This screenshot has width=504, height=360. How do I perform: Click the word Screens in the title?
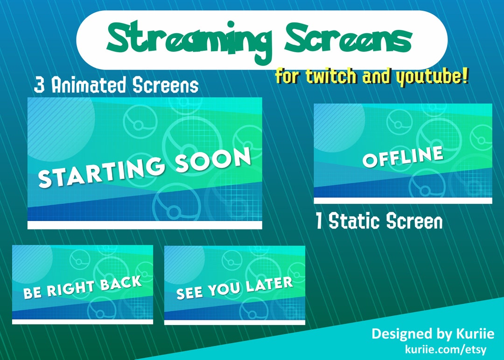coord(349,39)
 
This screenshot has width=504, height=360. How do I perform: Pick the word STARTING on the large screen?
coord(101,172)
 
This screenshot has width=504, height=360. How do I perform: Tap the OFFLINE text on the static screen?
coord(403,156)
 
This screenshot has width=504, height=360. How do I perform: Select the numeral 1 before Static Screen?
coord(319,222)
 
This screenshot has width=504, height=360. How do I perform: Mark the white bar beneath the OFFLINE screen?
coord(403,201)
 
